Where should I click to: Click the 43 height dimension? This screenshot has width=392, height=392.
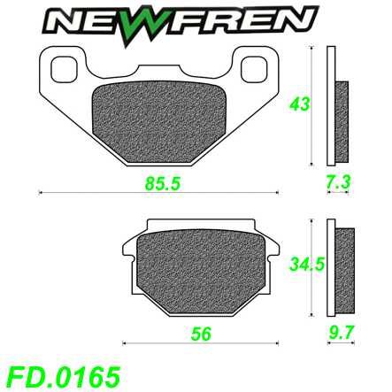(299, 104)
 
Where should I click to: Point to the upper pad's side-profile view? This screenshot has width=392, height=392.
(335, 106)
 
